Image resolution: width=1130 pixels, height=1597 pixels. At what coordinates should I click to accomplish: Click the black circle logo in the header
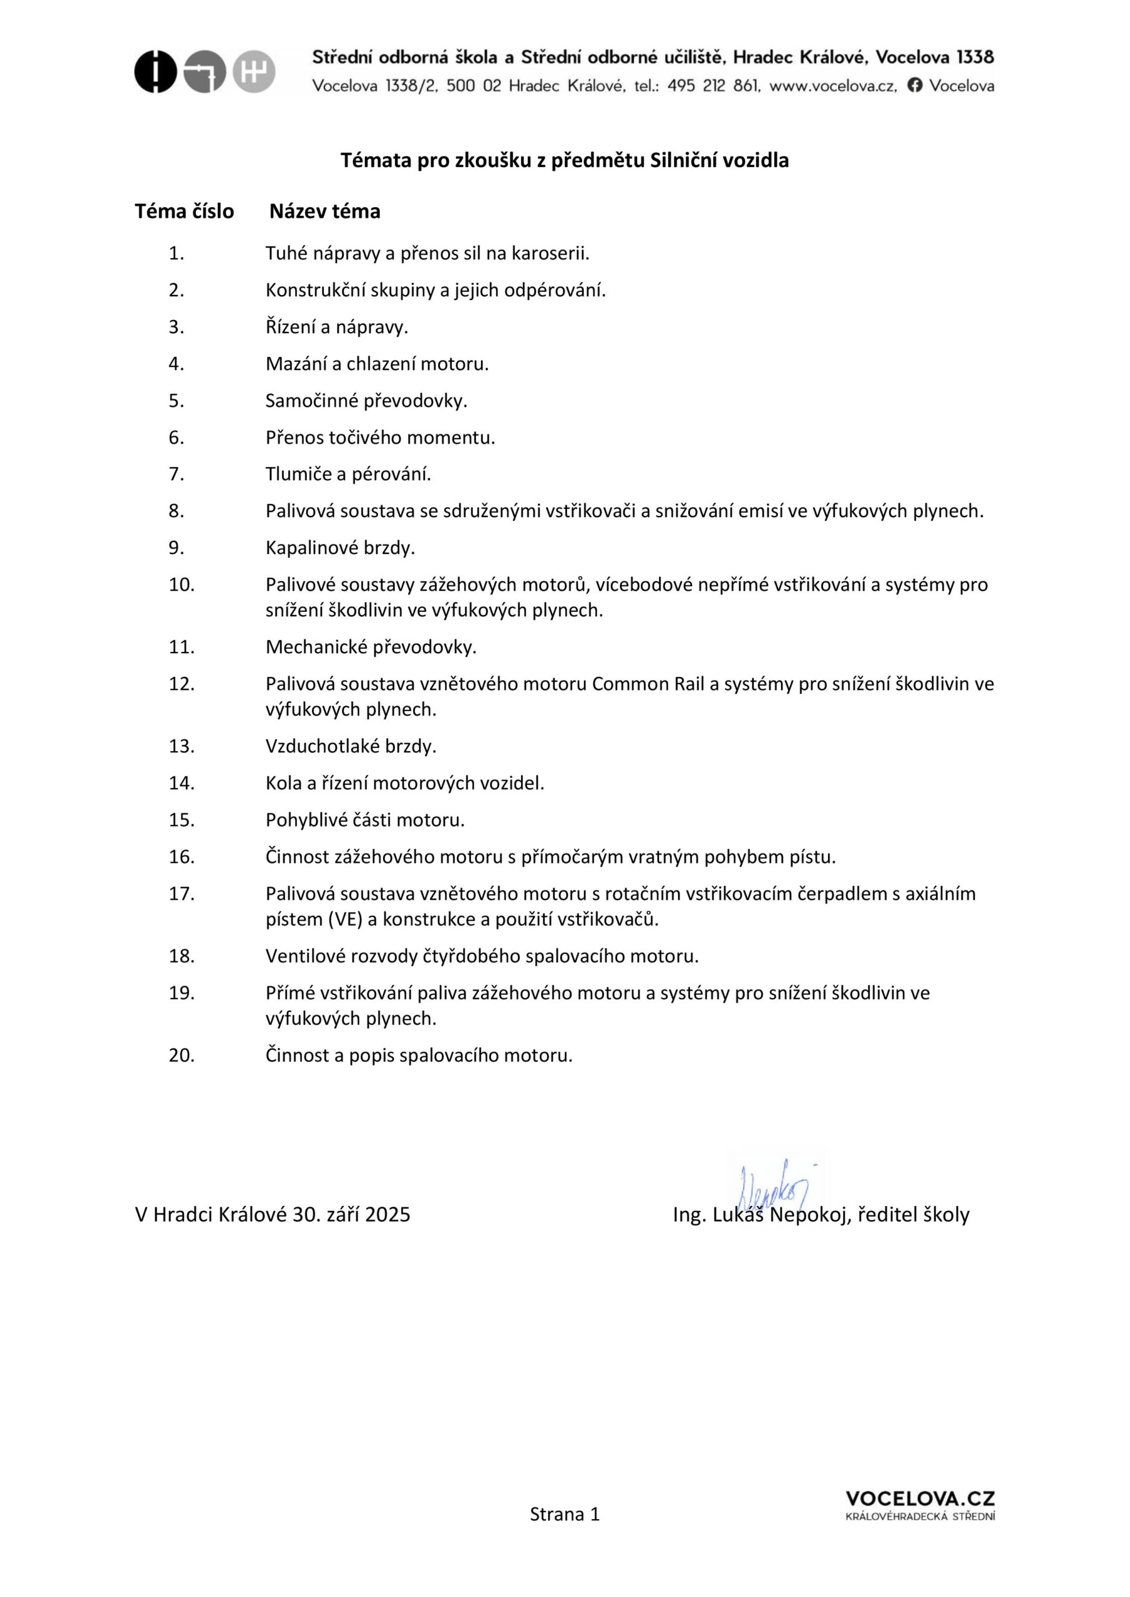pyautogui.click(x=155, y=72)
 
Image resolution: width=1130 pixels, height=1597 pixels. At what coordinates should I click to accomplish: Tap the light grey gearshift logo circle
pyautogui.click(x=254, y=72)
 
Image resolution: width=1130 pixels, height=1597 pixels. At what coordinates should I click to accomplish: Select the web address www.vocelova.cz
pyautogui.click(x=833, y=86)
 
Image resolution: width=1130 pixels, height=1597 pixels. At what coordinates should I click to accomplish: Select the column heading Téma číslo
pyautogui.click(x=185, y=211)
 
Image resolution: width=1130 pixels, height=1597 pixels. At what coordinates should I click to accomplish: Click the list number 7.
pyautogui.click(x=176, y=474)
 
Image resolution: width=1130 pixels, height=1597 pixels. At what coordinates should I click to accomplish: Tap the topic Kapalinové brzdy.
pyautogui.click(x=340, y=548)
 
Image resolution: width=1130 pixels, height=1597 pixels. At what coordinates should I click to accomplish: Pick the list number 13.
pyautogui.click(x=181, y=746)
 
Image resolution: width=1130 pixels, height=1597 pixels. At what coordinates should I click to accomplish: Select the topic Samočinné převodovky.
pyautogui.click(x=366, y=401)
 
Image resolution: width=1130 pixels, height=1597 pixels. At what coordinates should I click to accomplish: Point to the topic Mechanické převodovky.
pyautogui.click(x=371, y=648)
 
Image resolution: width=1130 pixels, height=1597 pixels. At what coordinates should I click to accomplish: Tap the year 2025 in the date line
pyautogui.click(x=387, y=1215)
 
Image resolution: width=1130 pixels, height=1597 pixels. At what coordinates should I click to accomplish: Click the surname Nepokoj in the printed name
pyautogui.click(x=809, y=1215)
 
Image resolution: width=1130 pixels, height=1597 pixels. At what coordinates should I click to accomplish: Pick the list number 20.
pyautogui.click(x=181, y=1056)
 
